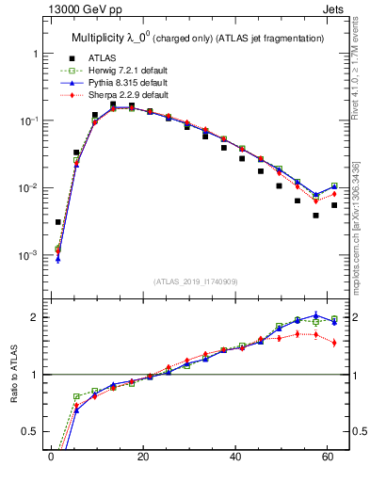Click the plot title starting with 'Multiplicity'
tap(198, 38)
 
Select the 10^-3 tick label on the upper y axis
tap(30, 255)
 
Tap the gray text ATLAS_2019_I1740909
tap(196, 281)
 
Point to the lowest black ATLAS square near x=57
tap(316, 216)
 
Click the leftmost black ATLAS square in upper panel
tap(58, 222)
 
